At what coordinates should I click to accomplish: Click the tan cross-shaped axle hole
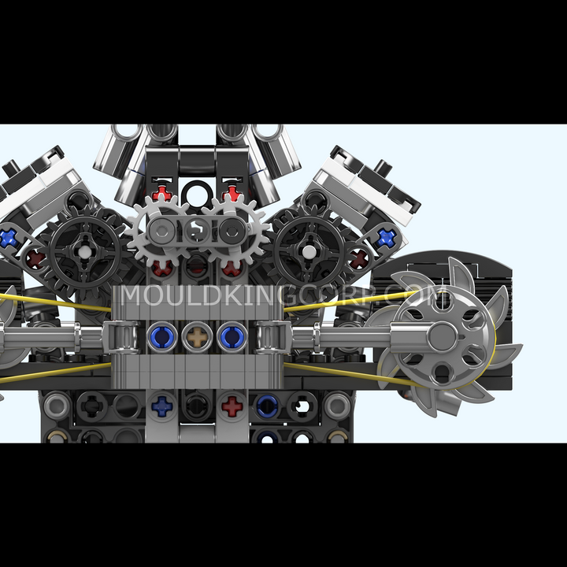pyautogui.click(x=197, y=337)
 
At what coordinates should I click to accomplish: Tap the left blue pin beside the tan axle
pyautogui.click(x=162, y=337)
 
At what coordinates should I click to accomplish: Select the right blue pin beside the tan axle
pyautogui.click(x=232, y=337)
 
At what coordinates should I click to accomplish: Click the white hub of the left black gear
pyautogui.click(x=84, y=252)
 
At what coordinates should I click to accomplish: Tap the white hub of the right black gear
pyautogui.click(x=309, y=252)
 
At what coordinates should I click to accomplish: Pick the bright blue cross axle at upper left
pyautogui.click(x=8, y=239)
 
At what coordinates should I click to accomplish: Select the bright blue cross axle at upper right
pyautogui.click(x=386, y=238)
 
